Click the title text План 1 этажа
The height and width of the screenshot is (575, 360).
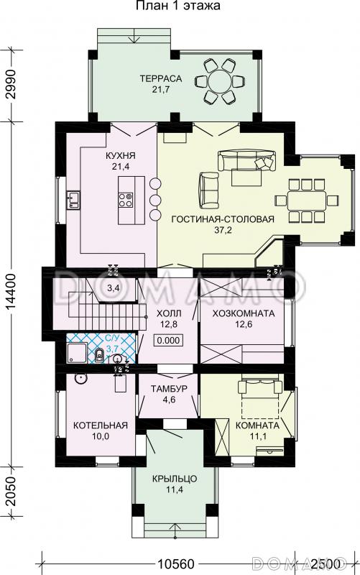[x=178, y=6]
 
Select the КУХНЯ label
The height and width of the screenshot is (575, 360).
[x=121, y=156]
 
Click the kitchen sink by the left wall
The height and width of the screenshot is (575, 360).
[x=73, y=201]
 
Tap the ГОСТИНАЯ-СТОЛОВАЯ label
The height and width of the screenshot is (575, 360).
[x=223, y=219]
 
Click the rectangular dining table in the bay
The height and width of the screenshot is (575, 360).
[x=307, y=201]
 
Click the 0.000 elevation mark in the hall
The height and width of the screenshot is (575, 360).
[x=169, y=340]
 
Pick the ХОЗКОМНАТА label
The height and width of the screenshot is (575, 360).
[x=244, y=313]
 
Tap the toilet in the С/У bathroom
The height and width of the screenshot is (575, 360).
[x=99, y=355]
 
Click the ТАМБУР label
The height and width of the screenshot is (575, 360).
[x=169, y=389]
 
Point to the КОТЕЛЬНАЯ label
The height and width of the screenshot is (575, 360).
[x=101, y=425]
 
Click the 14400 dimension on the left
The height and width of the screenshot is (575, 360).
[x=11, y=293]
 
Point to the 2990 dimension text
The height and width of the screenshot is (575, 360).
[x=11, y=84]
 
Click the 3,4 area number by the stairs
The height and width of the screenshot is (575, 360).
[x=114, y=288]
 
